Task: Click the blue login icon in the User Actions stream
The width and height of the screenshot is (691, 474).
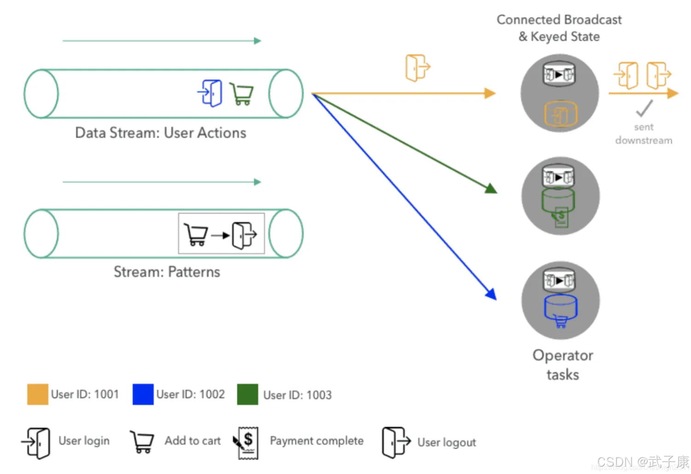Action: tap(211, 93)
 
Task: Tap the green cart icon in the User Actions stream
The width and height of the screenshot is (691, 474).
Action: tap(242, 94)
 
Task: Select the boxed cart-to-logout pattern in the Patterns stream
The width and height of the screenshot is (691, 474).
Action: tap(221, 234)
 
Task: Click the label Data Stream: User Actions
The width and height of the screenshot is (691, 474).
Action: tap(160, 133)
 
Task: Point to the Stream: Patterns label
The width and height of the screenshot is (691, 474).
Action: tap(167, 272)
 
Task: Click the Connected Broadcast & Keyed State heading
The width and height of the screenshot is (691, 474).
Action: tap(559, 28)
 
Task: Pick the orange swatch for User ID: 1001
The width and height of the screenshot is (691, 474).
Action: tap(38, 394)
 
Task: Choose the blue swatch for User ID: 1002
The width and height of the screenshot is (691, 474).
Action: tap(143, 394)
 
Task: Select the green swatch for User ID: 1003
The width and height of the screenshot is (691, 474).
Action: tap(247, 394)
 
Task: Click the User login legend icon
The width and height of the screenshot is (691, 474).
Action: tap(36, 443)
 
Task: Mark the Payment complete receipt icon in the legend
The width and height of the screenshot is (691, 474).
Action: tap(246, 443)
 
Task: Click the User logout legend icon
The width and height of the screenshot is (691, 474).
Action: tap(395, 442)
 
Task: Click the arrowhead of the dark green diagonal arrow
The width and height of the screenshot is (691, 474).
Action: tap(492, 189)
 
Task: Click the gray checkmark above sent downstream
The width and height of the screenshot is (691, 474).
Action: tap(644, 108)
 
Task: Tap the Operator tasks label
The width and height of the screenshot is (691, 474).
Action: tap(562, 365)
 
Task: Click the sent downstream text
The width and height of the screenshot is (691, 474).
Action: tap(644, 134)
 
